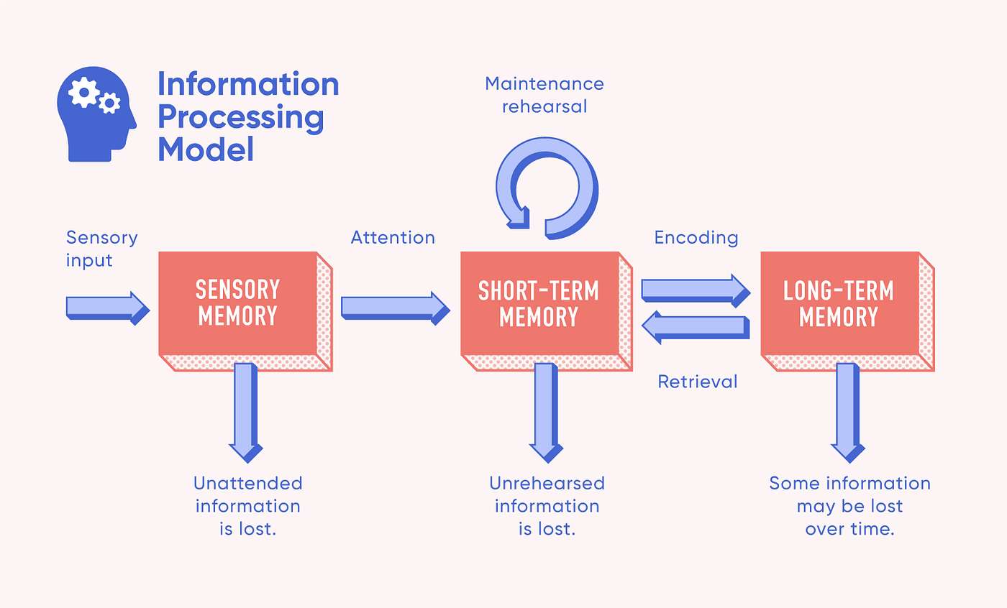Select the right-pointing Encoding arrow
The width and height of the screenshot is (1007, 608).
click(x=695, y=289)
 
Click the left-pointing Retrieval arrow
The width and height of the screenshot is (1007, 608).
click(x=695, y=327)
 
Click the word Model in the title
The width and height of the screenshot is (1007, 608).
click(x=206, y=149)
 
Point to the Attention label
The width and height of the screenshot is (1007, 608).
click(x=393, y=237)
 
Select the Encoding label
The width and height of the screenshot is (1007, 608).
click(x=696, y=237)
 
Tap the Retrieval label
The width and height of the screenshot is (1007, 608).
click(x=698, y=381)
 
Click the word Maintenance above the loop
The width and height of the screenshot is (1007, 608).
click(x=544, y=84)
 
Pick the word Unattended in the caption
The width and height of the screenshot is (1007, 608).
click(x=248, y=483)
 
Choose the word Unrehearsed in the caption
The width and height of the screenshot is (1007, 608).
click(x=547, y=483)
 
